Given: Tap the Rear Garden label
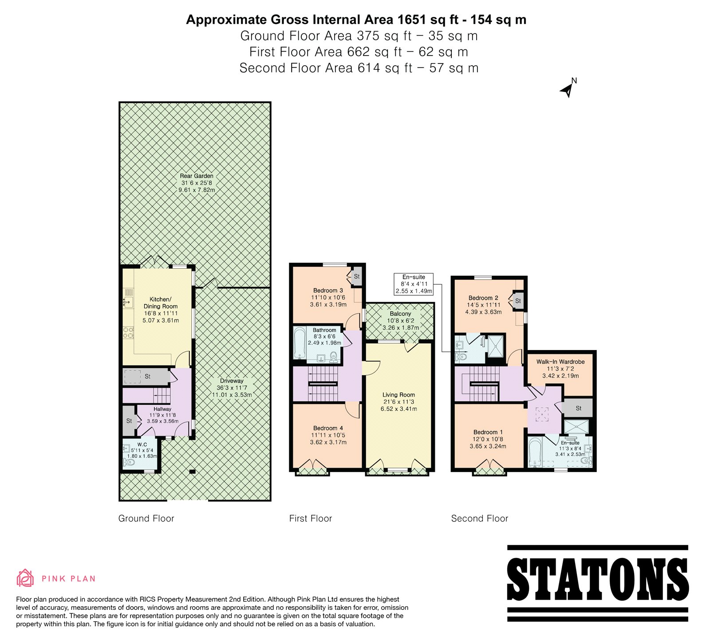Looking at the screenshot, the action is (197, 176).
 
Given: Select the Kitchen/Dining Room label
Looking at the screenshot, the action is (160, 302).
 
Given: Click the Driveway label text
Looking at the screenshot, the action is (232, 381).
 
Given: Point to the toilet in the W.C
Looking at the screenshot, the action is (129, 462).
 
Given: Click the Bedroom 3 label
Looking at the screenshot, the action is (328, 290).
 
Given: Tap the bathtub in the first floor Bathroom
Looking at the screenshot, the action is (300, 342).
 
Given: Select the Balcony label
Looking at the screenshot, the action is (400, 314).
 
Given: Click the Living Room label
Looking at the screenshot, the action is (398, 394).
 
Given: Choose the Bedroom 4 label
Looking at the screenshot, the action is (328, 428).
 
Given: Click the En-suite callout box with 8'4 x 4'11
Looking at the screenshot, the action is (414, 284).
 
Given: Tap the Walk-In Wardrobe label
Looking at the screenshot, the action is (560, 362).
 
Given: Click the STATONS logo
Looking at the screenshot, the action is (598, 583).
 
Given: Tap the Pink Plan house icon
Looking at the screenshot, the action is (25, 578).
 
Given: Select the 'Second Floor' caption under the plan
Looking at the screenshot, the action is (480, 518).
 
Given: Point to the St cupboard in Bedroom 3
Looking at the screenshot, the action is (356, 277).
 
